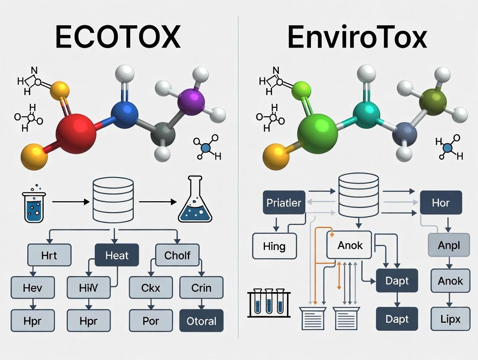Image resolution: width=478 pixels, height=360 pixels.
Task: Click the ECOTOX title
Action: tap(118, 37)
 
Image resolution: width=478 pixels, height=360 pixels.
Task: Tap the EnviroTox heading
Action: tap(357, 37)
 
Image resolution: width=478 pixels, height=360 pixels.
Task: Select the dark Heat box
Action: tap(117, 255)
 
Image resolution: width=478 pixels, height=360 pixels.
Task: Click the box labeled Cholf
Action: tap(178, 255)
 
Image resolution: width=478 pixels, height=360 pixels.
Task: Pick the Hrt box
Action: tap(49, 255)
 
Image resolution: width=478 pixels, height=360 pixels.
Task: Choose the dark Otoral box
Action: tap(201, 321)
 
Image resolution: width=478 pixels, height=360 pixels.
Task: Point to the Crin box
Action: tap(201, 288)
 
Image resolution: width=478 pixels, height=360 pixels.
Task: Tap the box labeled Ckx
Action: tap(151, 288)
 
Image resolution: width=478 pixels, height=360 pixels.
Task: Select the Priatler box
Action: tap(284, 202)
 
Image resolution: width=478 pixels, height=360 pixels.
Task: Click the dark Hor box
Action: tap(441, 202)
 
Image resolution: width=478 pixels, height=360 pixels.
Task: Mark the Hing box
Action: tap(274, 246)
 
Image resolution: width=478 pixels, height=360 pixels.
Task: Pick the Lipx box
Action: tap(450, 320)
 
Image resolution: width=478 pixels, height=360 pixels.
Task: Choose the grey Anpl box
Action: tap(449, 246)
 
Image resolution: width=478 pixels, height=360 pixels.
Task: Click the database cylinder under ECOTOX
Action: tap(113, 200)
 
